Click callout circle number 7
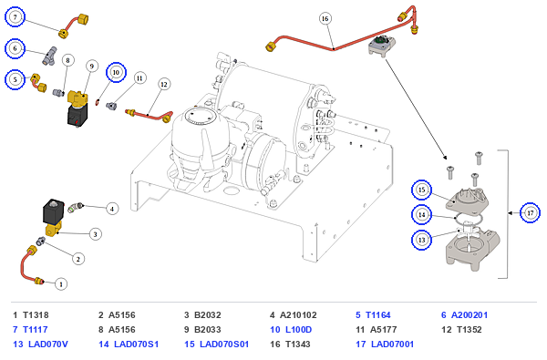[15, 16]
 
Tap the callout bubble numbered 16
[325, 18]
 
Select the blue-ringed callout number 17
[531, 212]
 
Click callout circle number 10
[116, 73]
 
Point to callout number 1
[61, 284]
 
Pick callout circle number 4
[112, 209]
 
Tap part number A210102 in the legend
[298, 315]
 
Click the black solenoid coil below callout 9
[77, 115]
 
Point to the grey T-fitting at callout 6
[50, 56]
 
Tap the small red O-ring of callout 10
[98, 101]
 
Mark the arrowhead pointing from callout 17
[511, 212]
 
